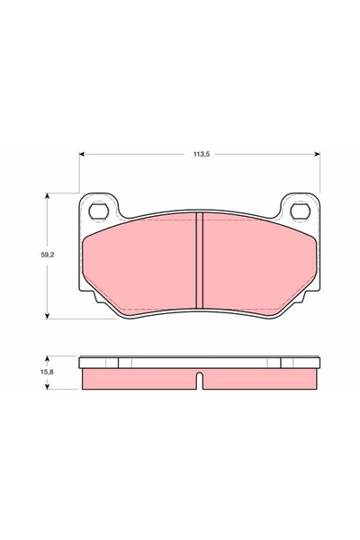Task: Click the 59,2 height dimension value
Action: click(37, 255)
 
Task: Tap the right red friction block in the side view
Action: click(261, 380)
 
